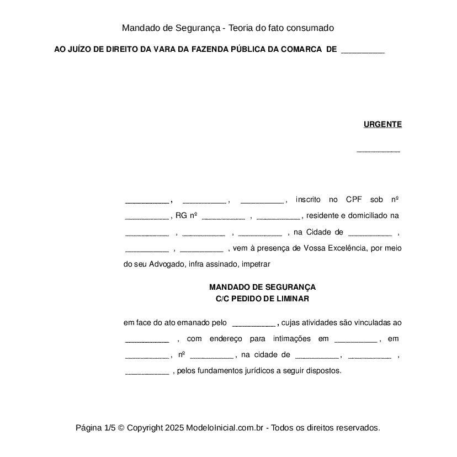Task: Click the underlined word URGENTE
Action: tap(382, 125)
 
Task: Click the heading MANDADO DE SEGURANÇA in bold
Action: tap(263, 287)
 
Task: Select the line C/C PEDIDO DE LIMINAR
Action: tap(263, 299)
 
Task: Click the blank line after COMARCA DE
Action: tap(363, 50)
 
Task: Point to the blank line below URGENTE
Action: tap(379, 150)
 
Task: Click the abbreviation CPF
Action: tap(354, 199)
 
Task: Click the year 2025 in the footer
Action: tap(174, 428)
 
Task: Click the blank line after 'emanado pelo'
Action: tap(254, 323)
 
